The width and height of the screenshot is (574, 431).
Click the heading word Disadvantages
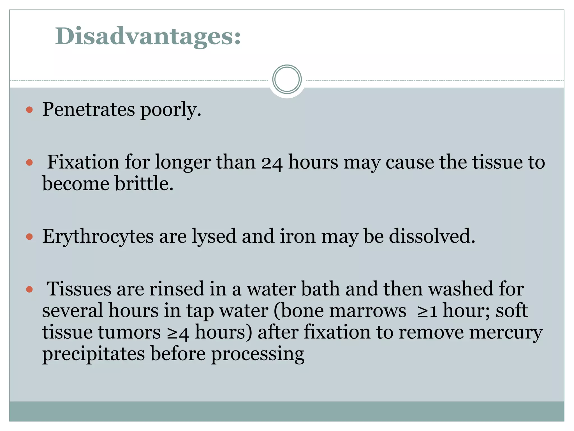point(148,36)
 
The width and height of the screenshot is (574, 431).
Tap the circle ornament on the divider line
point(287,79)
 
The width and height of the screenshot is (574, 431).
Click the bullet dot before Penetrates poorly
point(29,109)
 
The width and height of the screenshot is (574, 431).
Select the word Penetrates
point(88,109)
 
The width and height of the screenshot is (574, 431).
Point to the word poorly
point(170,110)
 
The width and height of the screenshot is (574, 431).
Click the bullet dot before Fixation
point(29,162)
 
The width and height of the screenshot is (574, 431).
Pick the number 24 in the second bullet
point(272,163)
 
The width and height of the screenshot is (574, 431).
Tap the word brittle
point(144,184)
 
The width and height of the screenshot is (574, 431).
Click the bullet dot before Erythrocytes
point(29,237)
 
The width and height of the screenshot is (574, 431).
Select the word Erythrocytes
point(98,237)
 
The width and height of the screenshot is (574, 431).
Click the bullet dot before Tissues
point(29,289)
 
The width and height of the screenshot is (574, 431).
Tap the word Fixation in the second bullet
point(83,162)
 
